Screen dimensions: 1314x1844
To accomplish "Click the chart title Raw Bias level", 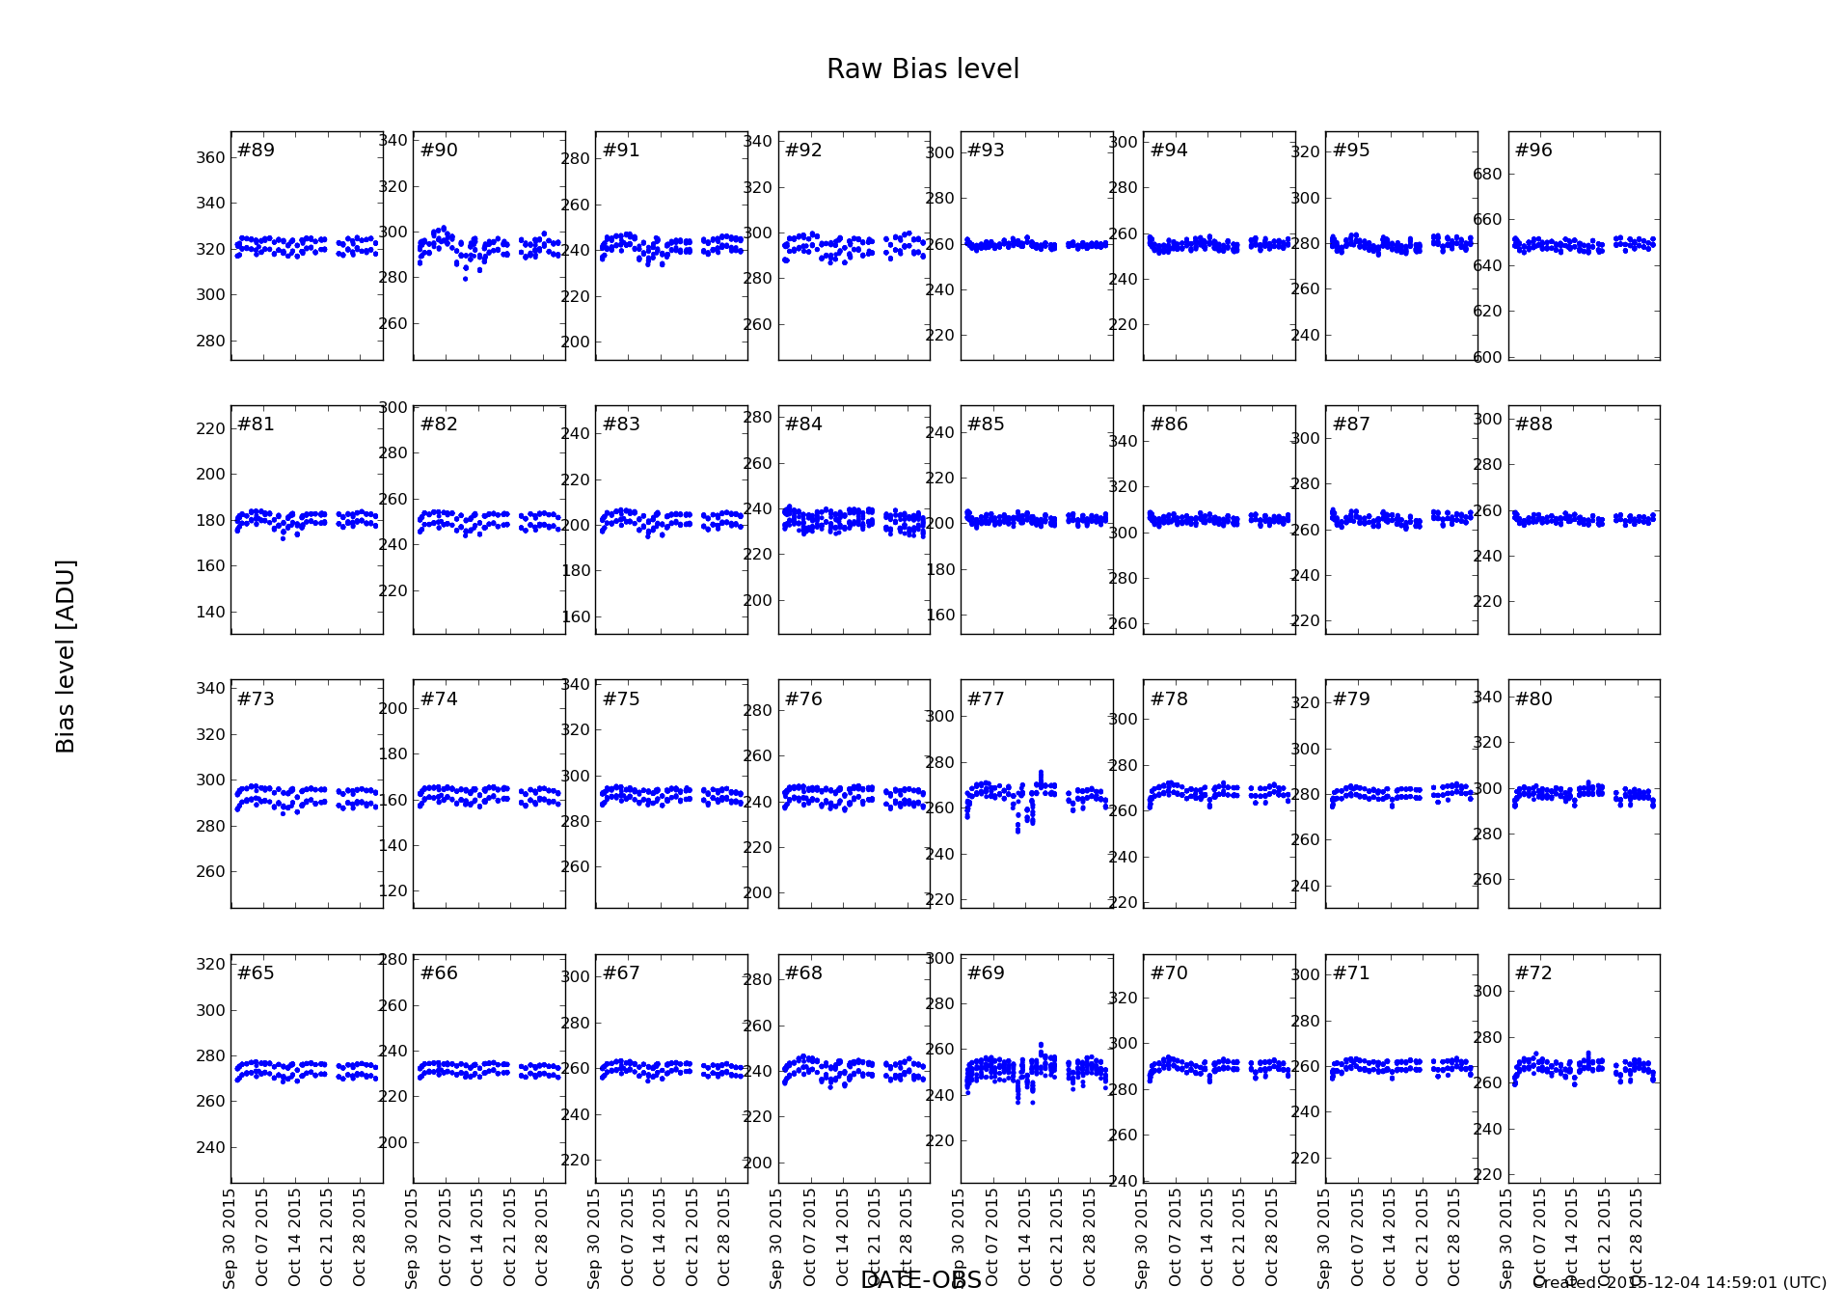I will (x=922, y=69).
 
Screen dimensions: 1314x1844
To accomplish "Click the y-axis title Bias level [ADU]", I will (x=66, y=656).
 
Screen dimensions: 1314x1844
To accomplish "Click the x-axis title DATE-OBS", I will (x=920, y=1280).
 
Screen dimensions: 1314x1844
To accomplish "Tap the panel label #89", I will (x=256, y=151).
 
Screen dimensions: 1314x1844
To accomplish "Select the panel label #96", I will (x=1533, y=151).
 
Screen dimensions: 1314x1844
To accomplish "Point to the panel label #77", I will (x=986, y=699).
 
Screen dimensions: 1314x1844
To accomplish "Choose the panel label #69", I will (x=986, y=973).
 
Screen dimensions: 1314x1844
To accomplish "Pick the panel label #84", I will (x=803, y=424).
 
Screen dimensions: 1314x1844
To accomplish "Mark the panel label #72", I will (x=1533, y=973).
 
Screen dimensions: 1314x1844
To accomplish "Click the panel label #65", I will (x=256, y=973).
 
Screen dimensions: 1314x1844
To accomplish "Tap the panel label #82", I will (x=439, y=424).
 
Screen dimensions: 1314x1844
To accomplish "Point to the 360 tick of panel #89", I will (x=210, y=158).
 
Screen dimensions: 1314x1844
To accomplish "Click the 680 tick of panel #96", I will (x=1487, y=175).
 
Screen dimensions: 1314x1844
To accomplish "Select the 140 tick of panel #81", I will (x=210, y=613).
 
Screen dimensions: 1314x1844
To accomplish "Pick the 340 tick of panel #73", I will (x=210, y=689).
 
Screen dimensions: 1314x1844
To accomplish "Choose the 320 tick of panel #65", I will (x=210, y=964).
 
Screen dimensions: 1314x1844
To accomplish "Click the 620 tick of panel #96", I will (x=1487, y=312).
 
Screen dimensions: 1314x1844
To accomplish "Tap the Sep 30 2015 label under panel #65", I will (x=230, y=1239).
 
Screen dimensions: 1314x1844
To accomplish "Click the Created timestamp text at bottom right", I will (x=1679, y=1283).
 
